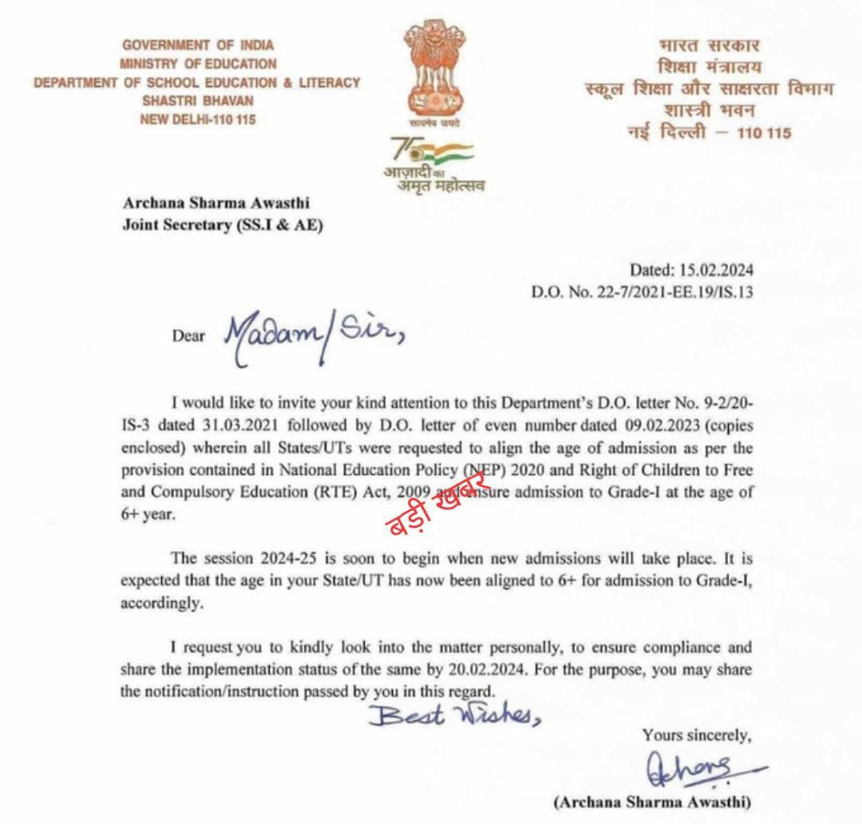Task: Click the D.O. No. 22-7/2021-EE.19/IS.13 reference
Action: point(643,292)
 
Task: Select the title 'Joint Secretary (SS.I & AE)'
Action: point(223,225)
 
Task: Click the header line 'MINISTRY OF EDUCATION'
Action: point(198,64)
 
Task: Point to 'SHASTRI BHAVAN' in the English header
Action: point(198,101)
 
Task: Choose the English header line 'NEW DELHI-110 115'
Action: point(198,120)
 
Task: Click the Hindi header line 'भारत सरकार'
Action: point(710,46)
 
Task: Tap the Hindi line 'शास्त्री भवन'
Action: point(710,110)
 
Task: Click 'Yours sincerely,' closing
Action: point(697,734)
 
